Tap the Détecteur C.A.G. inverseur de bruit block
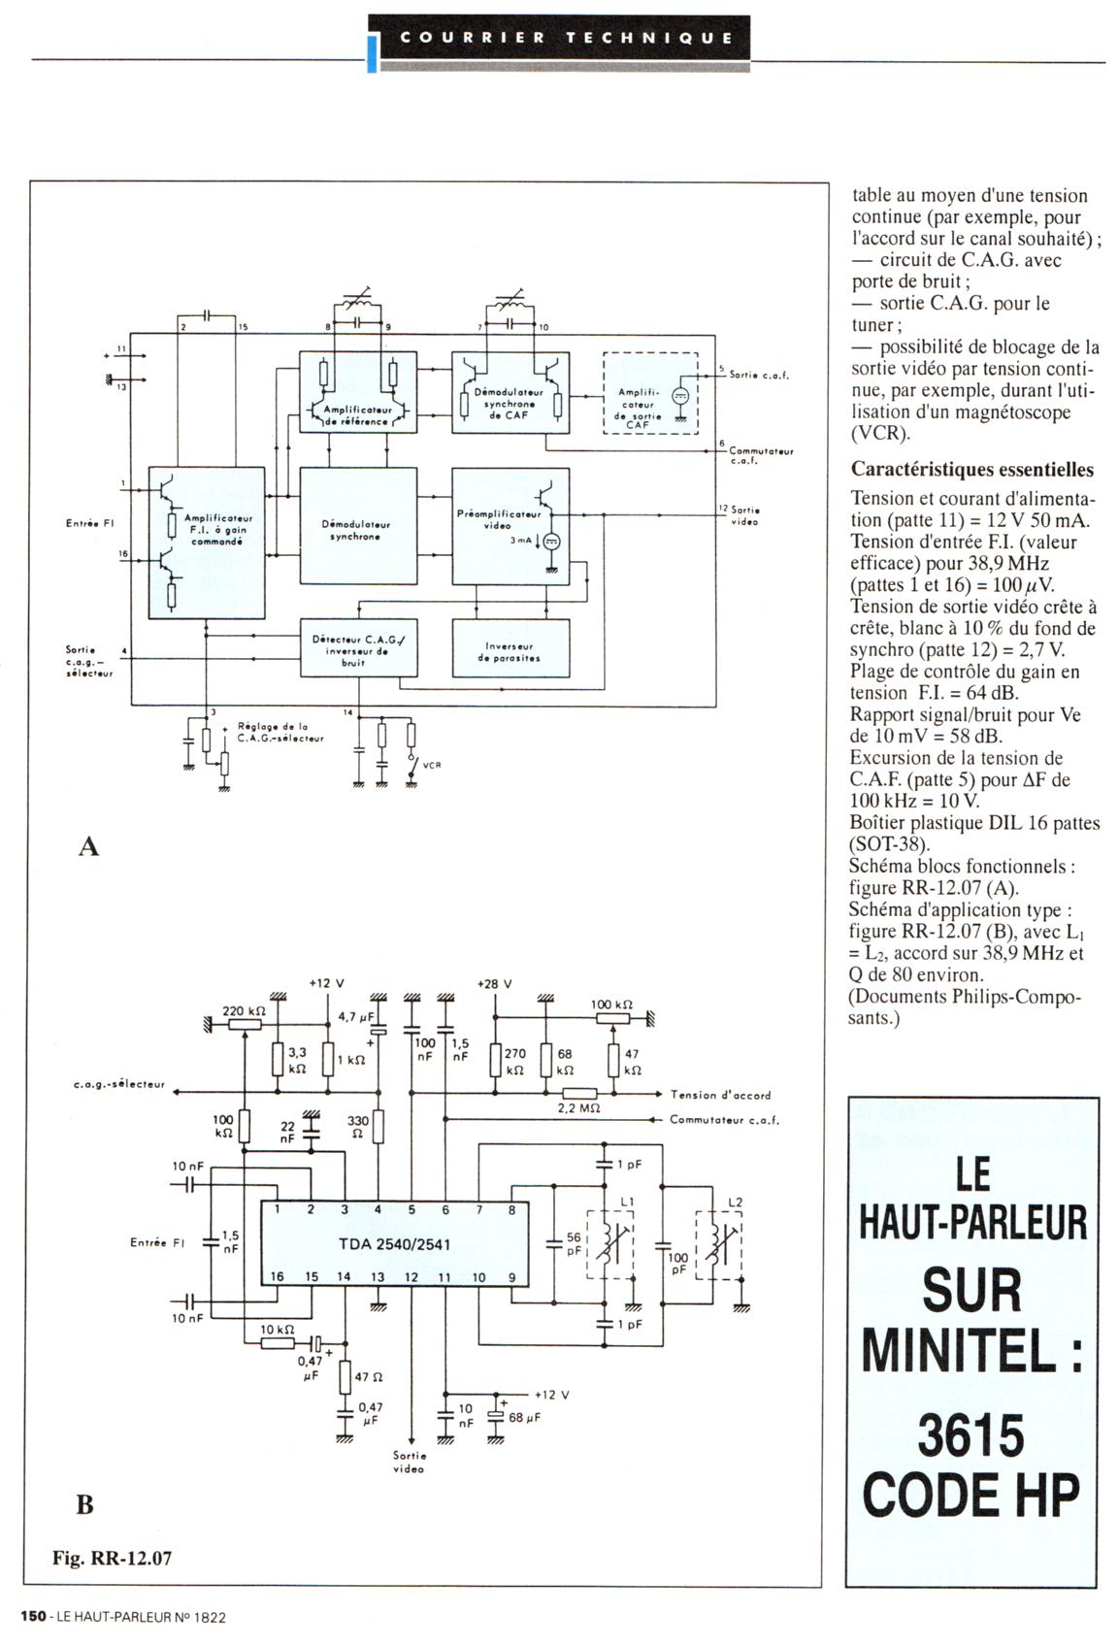point(358,649)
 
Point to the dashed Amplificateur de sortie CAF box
point(649,393)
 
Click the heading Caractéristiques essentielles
point(971,470)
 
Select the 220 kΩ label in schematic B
point(244,1011)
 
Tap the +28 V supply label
point(494,984)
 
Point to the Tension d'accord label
point(720,1095)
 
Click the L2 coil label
point(735,1202)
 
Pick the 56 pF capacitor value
point(575,1243)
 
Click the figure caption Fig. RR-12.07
point(112,1559)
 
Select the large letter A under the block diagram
point(88,847)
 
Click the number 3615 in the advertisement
point(970,1435)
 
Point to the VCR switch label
point(432,765)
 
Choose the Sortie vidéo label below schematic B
point(409,1462)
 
